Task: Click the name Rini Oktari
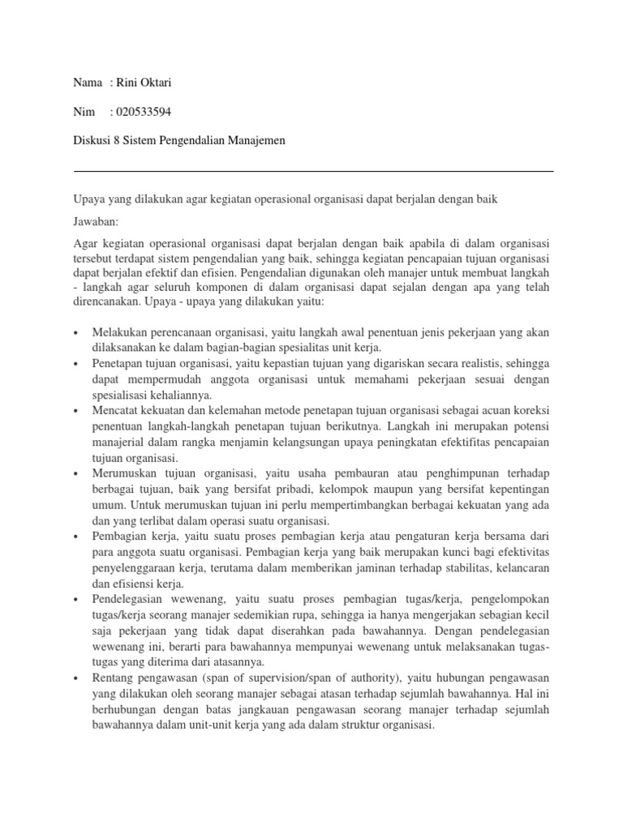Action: point(146,83)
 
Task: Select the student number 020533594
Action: point(141,112)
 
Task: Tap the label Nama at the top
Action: point(88,83)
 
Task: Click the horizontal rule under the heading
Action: point(313,171)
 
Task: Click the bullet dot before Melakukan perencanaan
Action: point(75,334)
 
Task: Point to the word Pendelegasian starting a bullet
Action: point(131,601)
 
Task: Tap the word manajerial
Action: point(119,442)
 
